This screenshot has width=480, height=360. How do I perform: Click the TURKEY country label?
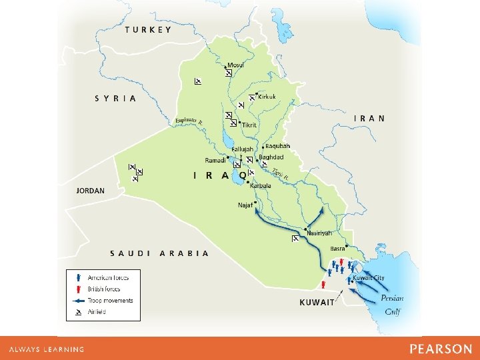(148, 29)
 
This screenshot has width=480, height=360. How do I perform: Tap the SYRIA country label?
(115, 98)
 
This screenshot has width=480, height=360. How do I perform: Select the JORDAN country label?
(91, 190)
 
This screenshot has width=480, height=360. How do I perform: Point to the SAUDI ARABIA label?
(159, 253)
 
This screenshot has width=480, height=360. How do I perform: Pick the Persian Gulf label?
(392, 305)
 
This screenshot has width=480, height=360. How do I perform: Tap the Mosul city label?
(235, 65)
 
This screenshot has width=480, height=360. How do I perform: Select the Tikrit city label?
(249, 125)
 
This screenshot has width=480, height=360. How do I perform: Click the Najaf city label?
(245, 205)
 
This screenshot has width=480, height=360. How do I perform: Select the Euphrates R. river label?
(189, 121)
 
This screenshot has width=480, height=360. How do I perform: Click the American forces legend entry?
(108, 277)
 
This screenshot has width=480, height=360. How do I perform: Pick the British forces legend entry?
(104, 289)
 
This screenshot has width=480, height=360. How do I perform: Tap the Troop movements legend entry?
(110, 301)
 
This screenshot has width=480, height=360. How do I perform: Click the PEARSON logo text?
(441, 349)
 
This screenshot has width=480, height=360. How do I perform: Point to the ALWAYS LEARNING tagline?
(47, 349)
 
